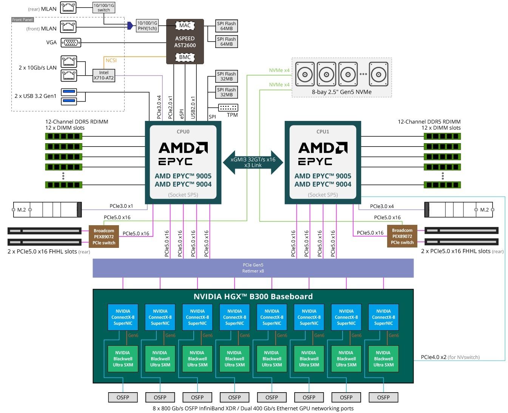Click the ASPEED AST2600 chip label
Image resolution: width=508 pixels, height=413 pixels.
pyautogui.click(x=185, y=42)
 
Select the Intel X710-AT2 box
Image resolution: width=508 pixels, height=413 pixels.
pyautogui.click(x=104, y=75)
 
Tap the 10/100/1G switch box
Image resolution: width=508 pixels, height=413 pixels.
pyautogui.click(x=103, y=8)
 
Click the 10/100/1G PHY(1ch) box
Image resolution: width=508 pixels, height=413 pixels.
pyautogui.click(x=147, y=26)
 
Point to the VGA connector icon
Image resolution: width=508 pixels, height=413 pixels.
pyautogui.click(x=71, y=43)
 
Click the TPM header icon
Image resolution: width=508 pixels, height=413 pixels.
pyautogui.click(x=228, y=108)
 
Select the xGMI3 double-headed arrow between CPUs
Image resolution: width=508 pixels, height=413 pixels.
pyautogui.click(x=253, y=162)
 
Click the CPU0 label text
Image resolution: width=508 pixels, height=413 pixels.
pyautogui.click(x=183, y=131)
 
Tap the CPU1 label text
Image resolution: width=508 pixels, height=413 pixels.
pyautogui.click(x=323, y=131)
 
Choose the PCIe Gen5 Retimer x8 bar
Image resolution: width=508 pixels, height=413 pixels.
pyautogui.click(x=253, y=268)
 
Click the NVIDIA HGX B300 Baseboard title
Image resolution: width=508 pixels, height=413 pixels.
pyautogui.click(x=253, y=297)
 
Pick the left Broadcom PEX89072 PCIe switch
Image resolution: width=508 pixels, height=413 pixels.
pyautogui.click(x=104, y=237)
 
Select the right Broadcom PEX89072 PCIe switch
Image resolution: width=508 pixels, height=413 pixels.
pyautogui.click(x=402, y=237)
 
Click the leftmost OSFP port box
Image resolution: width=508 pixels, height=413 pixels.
pyautogui.click(x=123, y=398)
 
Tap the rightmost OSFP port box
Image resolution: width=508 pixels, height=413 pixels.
pyautogui.click(x=383, y=398)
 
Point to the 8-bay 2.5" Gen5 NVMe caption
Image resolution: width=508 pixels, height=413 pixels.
pyautogui.click(x=341, y=92)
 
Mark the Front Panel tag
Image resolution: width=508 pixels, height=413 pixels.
pyautogui.click(x=22, y=20)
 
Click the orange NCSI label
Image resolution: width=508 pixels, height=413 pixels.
pyautogui.click(x=111, y=60)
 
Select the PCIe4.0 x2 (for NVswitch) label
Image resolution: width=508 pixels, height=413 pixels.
pyautogui.click(x=450, y=357)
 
